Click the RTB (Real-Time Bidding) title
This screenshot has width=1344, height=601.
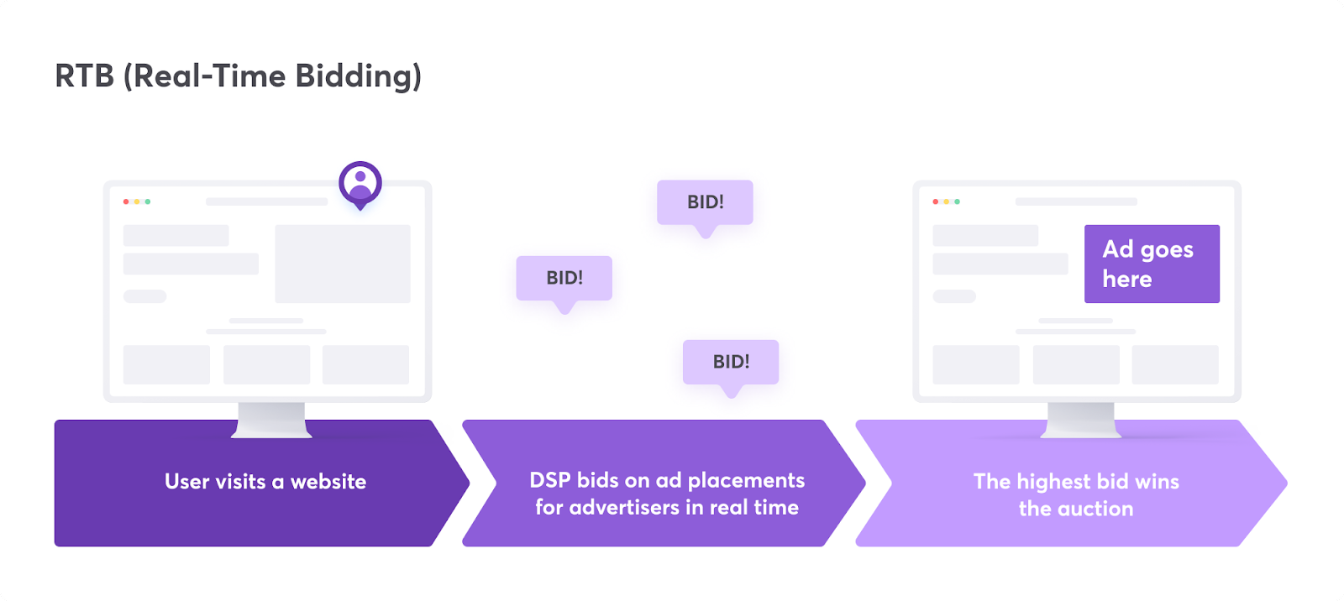click(x=238, y=76)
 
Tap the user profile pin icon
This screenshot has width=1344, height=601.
click(x=360, y=183)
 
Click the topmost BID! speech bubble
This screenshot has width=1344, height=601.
click(x=705, y=202)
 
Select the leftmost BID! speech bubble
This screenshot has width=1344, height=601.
click(x=564, y=278)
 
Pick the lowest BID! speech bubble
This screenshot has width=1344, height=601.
click(x=731, y=362)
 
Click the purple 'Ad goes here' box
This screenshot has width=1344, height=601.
click(x=1152, y=264)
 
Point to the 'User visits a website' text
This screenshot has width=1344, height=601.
click(x=265, y=482)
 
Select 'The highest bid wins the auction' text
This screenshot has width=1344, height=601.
click(x=1076, y=494)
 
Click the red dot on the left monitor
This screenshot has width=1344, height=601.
click(x=126, y=201)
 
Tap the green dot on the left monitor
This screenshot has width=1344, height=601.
click(x=148, y=201)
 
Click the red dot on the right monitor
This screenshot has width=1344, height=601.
click(x=936, y=201)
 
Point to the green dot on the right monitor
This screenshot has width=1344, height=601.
click(x=957, y=201)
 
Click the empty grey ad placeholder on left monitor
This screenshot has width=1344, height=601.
click(x=343, y=264)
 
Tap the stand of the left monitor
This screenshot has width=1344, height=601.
click(x=271, y=419)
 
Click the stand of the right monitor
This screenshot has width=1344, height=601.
click(x=1081, y=419)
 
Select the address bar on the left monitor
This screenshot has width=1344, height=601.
click(x=267, y=201)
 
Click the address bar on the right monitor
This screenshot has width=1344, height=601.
click(x=1076, y=201)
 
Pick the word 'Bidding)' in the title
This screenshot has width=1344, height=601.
click(x=359, y=76)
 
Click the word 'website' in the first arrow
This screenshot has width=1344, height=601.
click(x=328, y=482)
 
